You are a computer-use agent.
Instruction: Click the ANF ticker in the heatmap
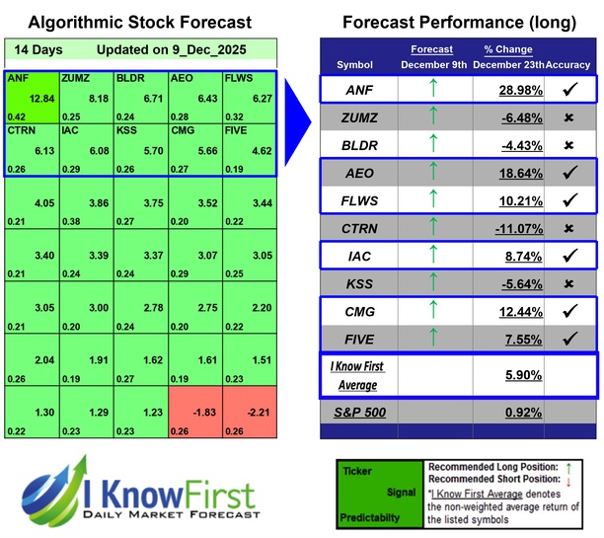[18, 76]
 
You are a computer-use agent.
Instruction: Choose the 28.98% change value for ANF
[501, 91]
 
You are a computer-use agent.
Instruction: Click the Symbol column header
[355, 64]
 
